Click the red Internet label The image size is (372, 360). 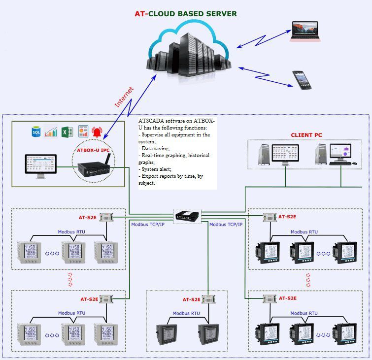click(x=124, y=97)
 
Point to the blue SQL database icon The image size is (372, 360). click(x=36, y=131)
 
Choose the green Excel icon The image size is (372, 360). click(x=68, y=131)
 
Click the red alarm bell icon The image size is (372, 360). click(x=97, y=132)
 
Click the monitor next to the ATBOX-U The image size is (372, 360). click(x=40, y=165)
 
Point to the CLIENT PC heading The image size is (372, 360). click(x=306, y=135)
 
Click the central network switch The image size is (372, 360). click(x=188, y=215)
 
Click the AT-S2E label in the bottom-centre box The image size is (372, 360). click(x=191, y=299)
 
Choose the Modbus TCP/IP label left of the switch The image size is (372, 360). click(x=147, y=225)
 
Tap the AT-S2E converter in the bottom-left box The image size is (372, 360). click(x=105, y=298)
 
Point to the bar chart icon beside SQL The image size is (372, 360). click(x=51, y=131)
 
